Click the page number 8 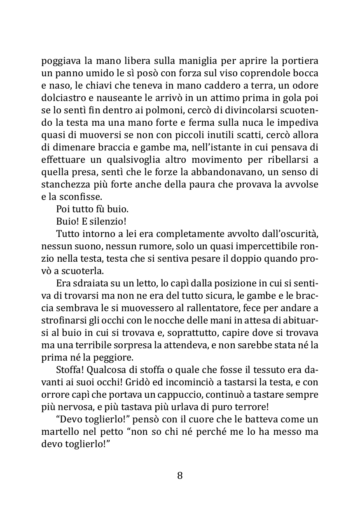point(180,476)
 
